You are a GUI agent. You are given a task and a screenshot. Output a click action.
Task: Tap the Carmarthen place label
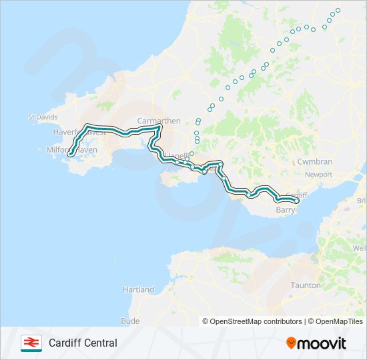158,121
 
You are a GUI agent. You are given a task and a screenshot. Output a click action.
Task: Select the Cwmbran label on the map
314,162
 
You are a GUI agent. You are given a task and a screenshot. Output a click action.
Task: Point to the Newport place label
318,175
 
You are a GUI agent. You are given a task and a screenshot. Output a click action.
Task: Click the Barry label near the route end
285,210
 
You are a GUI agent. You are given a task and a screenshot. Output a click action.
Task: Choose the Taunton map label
306,285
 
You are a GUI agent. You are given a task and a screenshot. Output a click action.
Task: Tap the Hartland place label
138,289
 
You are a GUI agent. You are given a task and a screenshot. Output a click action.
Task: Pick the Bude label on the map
131,321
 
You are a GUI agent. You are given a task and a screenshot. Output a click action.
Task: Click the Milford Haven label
72,150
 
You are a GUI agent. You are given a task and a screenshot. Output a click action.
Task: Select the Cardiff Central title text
83,343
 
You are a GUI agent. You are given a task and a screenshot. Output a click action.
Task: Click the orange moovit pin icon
291,343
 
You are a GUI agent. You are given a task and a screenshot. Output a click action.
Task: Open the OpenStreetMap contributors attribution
253,321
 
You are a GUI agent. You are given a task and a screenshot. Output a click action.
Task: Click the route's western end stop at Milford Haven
69,155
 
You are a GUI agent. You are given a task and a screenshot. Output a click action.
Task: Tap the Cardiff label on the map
300,195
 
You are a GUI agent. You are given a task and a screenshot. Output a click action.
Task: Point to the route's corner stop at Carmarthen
159,127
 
